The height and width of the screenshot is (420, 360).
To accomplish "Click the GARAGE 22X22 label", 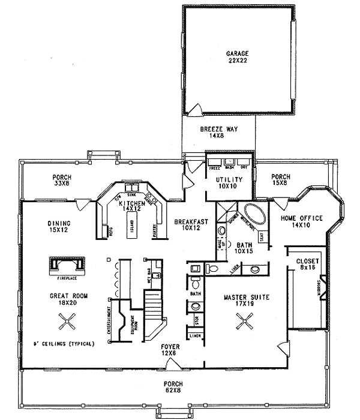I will pyautogui.click(x=238, y=57).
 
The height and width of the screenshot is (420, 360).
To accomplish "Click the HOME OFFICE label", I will pyautogui.click(x=302, y=221).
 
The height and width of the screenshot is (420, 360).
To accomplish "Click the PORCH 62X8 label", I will pyautogui.click(x=174, y=387).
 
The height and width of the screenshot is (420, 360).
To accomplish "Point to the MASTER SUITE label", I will pyautogui.click(x=245, y=301).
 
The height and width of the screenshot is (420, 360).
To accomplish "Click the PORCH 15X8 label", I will pyautogui.click(x=280, y=180).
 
